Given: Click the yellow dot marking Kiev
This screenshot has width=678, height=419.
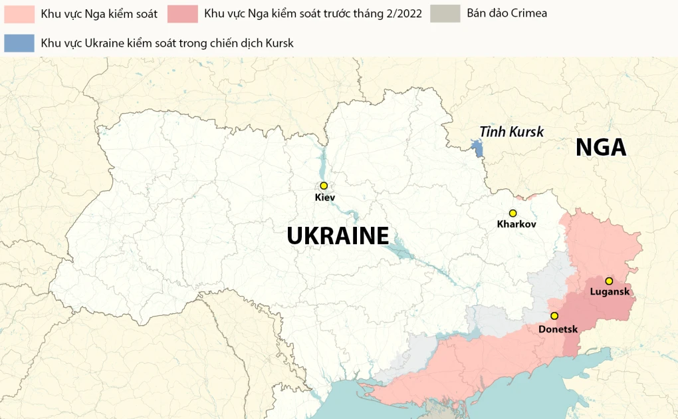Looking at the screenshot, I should pyautogui.click(x=324, y=186).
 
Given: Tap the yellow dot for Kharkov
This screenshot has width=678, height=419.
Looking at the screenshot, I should pyautogui.click(x=512, y=213).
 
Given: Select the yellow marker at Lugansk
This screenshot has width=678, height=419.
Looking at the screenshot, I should pyautogui.click(x=609, y=281).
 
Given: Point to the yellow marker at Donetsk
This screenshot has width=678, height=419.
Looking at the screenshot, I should pyautogui.click(x=554, y=316).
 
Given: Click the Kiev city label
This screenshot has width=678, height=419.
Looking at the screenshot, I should pyautogui.click(x=325, y=198).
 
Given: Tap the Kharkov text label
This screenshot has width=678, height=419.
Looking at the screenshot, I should pyautogui.click(x=516, y=225).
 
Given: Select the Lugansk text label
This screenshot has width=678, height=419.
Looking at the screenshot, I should pyautogui.click(x=610, y=292).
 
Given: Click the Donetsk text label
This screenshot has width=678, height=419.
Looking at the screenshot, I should pyautogui.click(x=558, y=329).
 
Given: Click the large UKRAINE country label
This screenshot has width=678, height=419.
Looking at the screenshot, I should pyautogui.click(x=338, y=235).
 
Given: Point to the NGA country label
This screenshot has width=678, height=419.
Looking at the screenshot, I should pyautogui.click(x=601, y=147).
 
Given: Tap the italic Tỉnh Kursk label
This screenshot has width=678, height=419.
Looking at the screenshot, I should pyautogui.click(x=511, y=132).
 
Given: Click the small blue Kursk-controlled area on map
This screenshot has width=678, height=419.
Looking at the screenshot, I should pyautogui.click(x=477, y=148).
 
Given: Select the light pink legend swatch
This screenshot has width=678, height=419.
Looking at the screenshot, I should pyautogui.click(x=19, y=13).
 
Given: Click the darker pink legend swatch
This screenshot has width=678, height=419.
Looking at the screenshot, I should pyautogui.click(x=183, y=13).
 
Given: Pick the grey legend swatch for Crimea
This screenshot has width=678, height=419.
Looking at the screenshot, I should pyautogui.click(x=445, y=13).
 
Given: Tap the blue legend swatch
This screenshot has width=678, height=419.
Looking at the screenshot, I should pyautogui.click(x=19, y=43).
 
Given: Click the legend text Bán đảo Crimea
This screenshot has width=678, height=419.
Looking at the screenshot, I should pyautogui.click(x=507, y=13).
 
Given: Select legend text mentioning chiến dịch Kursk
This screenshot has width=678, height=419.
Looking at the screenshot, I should pyautogui.click(x=167, y=43).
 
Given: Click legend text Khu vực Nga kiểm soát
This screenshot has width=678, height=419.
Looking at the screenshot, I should pyautogui.click(x=99, y=13).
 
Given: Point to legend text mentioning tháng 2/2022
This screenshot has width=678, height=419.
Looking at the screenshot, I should pyautogui.click(x=312, y=13).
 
